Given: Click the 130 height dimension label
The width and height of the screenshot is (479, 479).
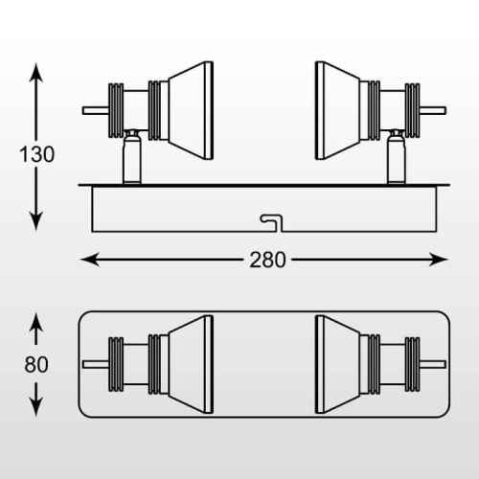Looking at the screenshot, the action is (x=37, y=154).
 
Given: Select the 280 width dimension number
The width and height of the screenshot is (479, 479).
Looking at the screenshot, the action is (x=267, y=260).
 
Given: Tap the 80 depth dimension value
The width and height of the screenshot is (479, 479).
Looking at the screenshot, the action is (x=36, y=364).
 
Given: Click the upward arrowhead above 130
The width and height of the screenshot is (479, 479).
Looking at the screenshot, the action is (x=35, y=73).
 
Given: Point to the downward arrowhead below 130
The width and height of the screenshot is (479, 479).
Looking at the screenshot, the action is (x=35, y=221).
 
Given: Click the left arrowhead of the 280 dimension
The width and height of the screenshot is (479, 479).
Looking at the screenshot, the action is (x=90, y=260).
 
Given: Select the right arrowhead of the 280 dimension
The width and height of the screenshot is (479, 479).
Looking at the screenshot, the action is (x=438, y=260).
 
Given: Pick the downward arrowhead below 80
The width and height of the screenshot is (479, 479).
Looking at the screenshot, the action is (x=35, y=407).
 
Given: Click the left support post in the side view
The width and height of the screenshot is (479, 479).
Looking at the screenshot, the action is (x=132, y=157).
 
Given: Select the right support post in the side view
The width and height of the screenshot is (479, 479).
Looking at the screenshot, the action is (x=397, y=157).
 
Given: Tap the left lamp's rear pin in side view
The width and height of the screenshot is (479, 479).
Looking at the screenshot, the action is (x=96, y=111).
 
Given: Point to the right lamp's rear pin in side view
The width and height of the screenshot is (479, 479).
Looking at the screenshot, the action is (x=433, y=111).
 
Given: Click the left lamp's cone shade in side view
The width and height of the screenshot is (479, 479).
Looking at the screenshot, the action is (x=191, y=110).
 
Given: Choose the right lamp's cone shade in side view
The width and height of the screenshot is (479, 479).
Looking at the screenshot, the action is (x=338, y=110).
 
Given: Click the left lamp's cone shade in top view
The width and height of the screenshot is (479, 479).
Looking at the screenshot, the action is (x=191, y=364).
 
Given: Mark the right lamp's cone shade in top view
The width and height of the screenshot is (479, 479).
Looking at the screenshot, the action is (x=338, y=364).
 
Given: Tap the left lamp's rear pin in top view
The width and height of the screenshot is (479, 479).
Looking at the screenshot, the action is (x=96, y=364).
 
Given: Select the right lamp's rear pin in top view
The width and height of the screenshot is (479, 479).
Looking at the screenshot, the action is (x=433, y=364).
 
